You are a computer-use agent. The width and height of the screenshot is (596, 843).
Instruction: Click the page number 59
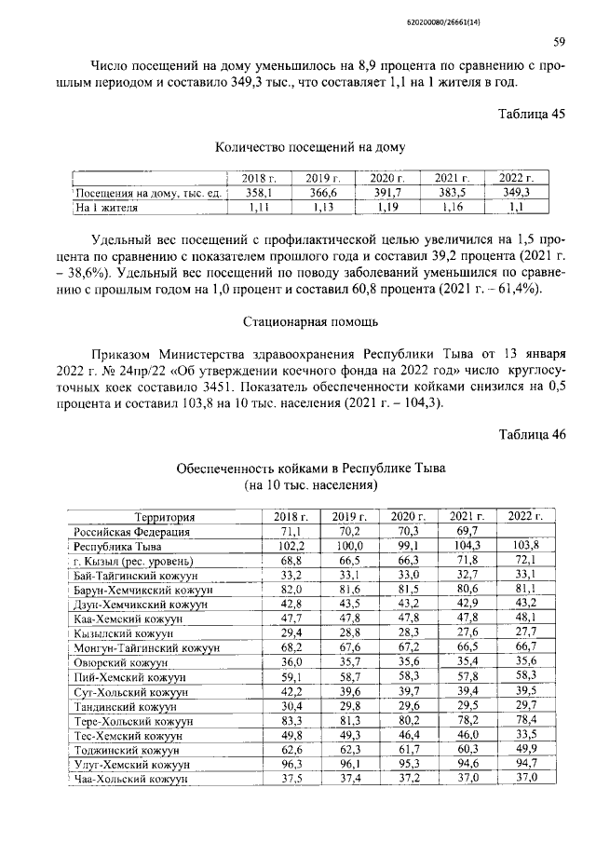point(560,42)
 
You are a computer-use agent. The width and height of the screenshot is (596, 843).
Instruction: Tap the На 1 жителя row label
point(108,208)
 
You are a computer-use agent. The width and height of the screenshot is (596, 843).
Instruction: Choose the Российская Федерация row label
point(132,532)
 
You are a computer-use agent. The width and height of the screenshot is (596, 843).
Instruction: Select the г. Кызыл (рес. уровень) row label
point(132,562)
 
